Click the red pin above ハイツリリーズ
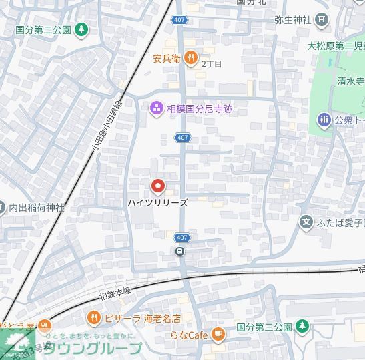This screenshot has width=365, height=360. [158, 186]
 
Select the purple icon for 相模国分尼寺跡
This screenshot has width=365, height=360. [156, 108]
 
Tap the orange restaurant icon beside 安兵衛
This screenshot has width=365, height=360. [191, 59]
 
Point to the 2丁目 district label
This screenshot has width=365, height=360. [211, 64]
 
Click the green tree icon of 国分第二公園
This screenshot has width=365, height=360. [81, 29]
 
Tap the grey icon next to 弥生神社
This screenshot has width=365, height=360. [322, 19]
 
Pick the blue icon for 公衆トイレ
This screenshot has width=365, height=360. [324, 120]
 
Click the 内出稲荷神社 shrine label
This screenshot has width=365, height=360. [37, 208]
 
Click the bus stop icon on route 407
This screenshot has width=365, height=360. [180, 252]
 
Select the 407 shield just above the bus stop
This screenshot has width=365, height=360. [182, 238]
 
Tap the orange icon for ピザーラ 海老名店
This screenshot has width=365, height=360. [95, 318]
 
